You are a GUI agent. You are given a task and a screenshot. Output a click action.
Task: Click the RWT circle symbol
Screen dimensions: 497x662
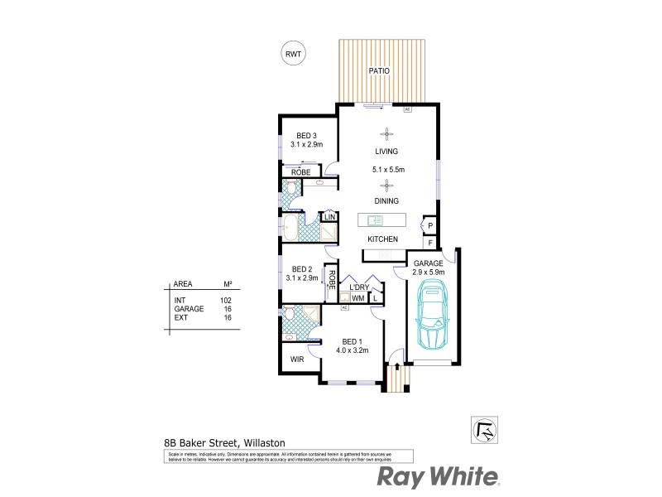click(x=293, y=54)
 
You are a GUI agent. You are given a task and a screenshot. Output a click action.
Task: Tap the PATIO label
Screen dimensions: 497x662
click(x=379, y=71)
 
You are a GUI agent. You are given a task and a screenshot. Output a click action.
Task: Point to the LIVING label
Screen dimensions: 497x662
click(x=386, y=152)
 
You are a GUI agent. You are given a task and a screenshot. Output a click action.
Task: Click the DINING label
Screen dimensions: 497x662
click(x=386, y=201)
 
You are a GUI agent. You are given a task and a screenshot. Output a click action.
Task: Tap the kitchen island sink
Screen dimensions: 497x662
click(x=372, y=220)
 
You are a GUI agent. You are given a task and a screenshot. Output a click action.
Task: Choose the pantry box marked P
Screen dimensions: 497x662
click(x=430, y=225)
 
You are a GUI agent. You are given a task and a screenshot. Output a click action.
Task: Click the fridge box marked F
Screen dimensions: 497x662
click(x=430, y=243)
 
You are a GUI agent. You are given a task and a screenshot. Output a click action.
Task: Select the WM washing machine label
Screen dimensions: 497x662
click(x=357, y=298)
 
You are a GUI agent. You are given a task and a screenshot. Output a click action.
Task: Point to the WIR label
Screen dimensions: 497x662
click(x=297, y=360)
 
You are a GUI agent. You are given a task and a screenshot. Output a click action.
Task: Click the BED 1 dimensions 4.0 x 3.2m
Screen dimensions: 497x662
click(x=352, y=350)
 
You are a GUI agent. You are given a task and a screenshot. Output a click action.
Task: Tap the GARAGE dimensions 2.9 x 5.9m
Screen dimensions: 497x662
click(x=429, y=272)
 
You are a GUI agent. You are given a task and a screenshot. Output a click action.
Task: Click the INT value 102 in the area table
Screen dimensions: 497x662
click(x=225, y=300)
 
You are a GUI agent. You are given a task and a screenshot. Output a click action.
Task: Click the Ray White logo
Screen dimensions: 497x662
click(x=439, y=477)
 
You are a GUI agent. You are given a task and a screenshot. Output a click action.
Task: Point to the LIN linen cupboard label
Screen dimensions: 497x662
click(x=329, y=217)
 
